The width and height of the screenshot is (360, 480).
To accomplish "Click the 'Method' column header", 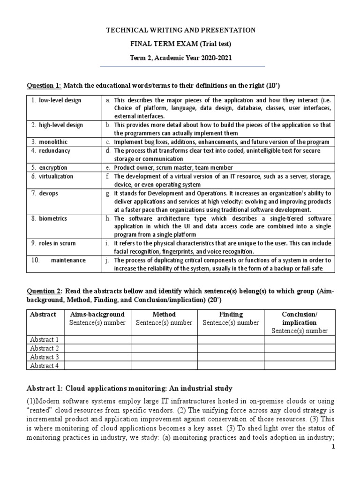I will tap(164, 314).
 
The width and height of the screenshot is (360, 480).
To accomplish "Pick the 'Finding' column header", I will tap(231, 314).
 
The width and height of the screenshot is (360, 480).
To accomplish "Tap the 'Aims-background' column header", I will tap(97, 314).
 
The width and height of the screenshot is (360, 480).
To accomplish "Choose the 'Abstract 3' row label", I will tap(44, 357).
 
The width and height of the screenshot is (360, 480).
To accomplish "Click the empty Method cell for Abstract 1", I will tap(164, 339).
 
